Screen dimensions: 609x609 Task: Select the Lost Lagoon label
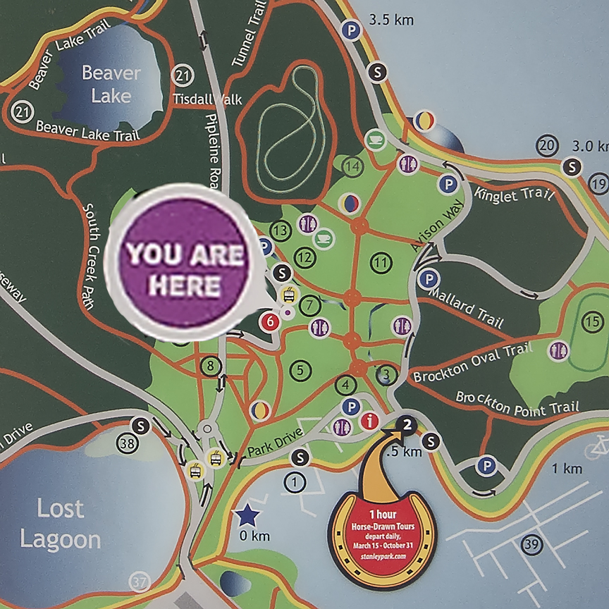(61, 524)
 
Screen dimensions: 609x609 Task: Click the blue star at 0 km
(247, 516)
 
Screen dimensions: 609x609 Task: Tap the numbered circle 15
(590, 321)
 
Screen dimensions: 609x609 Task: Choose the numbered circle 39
(532, 543)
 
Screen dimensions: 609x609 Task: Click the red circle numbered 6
(269, 322)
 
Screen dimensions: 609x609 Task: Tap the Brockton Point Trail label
(517, 402)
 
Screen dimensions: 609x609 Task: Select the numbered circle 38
(128, 444)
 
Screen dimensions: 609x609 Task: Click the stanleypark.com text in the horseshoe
(382, 556)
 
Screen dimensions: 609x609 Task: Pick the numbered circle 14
(352, 166)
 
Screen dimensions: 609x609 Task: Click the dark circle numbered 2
(407, 423)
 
